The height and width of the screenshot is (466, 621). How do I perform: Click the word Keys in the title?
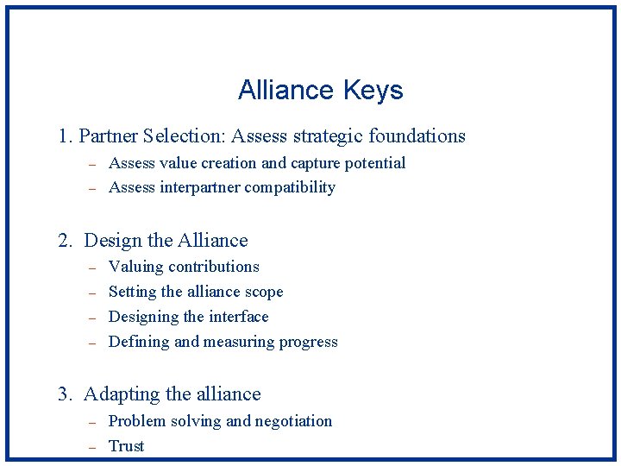[373, 91]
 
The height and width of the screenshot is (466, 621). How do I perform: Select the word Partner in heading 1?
[108, 136]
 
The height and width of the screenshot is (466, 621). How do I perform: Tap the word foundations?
[417, 136]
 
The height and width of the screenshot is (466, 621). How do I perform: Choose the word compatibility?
[292, 187]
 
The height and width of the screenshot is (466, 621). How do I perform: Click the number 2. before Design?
[66, 241]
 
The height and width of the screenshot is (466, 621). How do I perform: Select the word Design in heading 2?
[110, 241]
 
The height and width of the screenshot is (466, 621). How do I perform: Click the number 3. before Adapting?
[66, 394]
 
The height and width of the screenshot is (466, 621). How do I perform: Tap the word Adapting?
[122, 395]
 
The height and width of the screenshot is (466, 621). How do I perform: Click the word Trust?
[126, 446]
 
